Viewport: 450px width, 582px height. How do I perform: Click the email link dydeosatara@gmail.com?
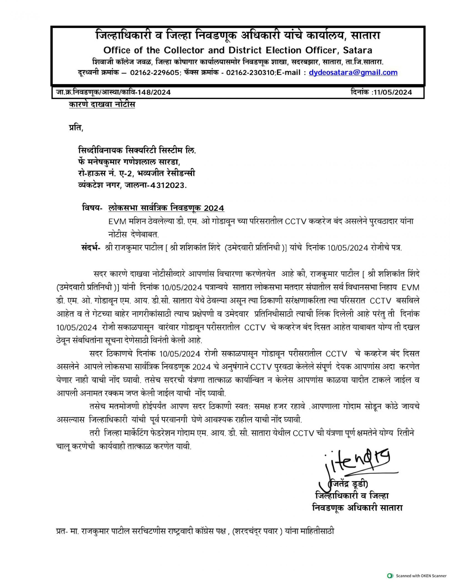pos(353,73)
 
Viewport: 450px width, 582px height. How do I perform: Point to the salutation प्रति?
pos(76,128)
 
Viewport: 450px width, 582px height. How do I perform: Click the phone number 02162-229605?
pos(155,73)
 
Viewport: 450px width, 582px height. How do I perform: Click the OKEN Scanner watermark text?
pos(421,576)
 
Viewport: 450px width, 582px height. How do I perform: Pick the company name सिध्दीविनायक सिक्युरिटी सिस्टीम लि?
pos(137,151)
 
